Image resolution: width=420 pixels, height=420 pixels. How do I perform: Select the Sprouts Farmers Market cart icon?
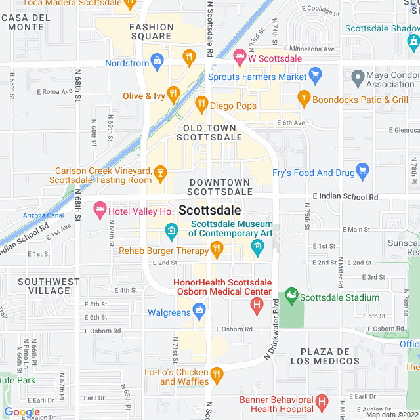(314, 77)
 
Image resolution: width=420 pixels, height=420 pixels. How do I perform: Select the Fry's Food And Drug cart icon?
(362, 173)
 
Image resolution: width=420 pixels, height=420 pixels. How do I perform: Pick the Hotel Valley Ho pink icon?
(100, 211)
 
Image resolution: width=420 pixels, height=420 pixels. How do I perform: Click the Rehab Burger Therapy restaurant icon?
(217, 250)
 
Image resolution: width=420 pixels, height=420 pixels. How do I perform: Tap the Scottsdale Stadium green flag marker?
(291, 297)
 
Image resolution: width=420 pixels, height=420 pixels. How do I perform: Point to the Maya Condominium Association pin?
(358, 78)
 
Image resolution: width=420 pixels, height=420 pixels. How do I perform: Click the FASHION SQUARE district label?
(152, 31)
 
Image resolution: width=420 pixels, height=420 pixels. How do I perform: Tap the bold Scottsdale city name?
(209, 211)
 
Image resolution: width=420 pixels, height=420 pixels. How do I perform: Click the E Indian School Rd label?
(345, 196)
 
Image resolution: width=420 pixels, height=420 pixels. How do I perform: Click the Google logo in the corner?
(22, 411)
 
